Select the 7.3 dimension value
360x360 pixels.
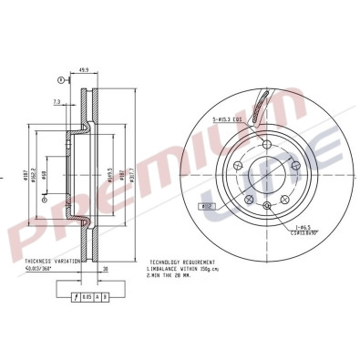pos(57,103)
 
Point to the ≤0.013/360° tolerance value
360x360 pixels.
pos(42,268)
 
